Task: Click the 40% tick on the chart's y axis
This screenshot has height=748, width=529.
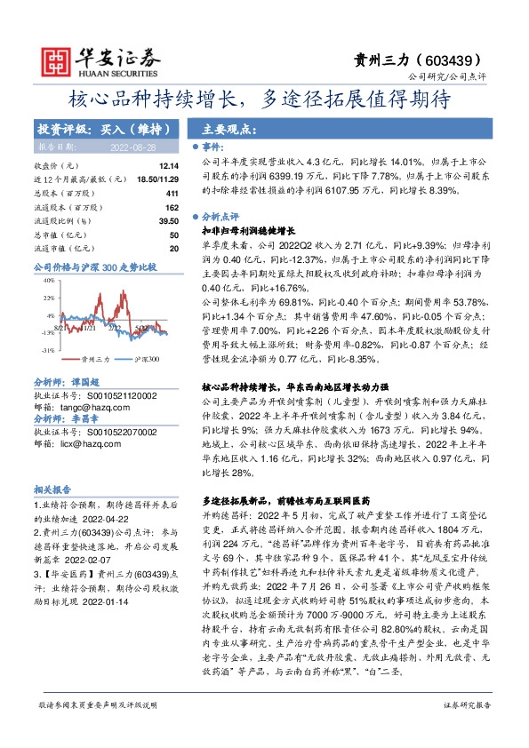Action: point(49,280)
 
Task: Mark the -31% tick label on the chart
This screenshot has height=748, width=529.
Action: point(47,351)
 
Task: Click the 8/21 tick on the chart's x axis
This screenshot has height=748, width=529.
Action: point(59,328)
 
